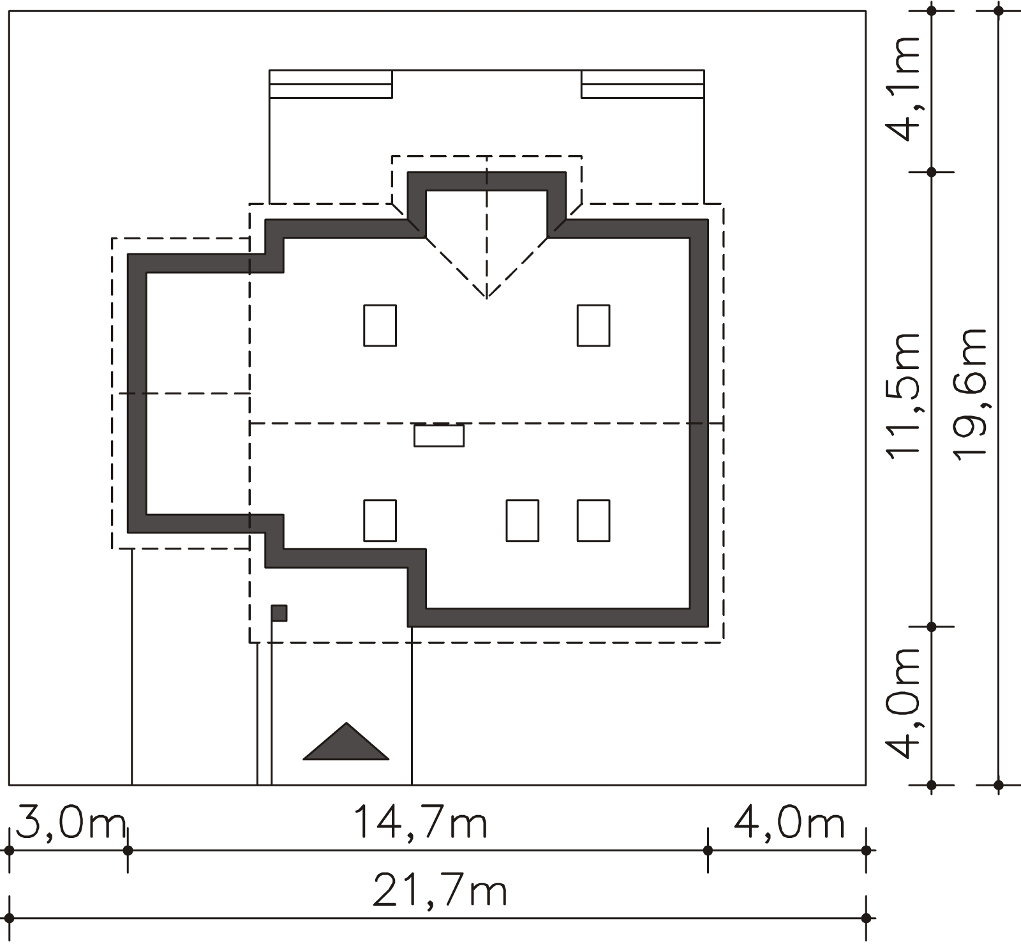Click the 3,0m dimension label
click(x=70, y=823)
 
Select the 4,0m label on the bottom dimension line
click(x=789, y=823)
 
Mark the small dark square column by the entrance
click(x=279, y=613)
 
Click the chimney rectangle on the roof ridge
click(x=439, y=436)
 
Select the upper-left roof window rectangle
click(x=380, y=326)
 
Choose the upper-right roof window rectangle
click(x=593, y=326)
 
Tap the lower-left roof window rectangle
click(x=380, y=521)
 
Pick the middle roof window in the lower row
click(x=522, y=521)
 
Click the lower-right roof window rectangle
click(x=593, y=521)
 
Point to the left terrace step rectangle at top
click(x=331, y=84)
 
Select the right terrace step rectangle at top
click(x=643, y=84)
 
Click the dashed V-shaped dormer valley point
click(x=487, y=298)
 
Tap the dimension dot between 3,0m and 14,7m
click(x=128, y=850)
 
